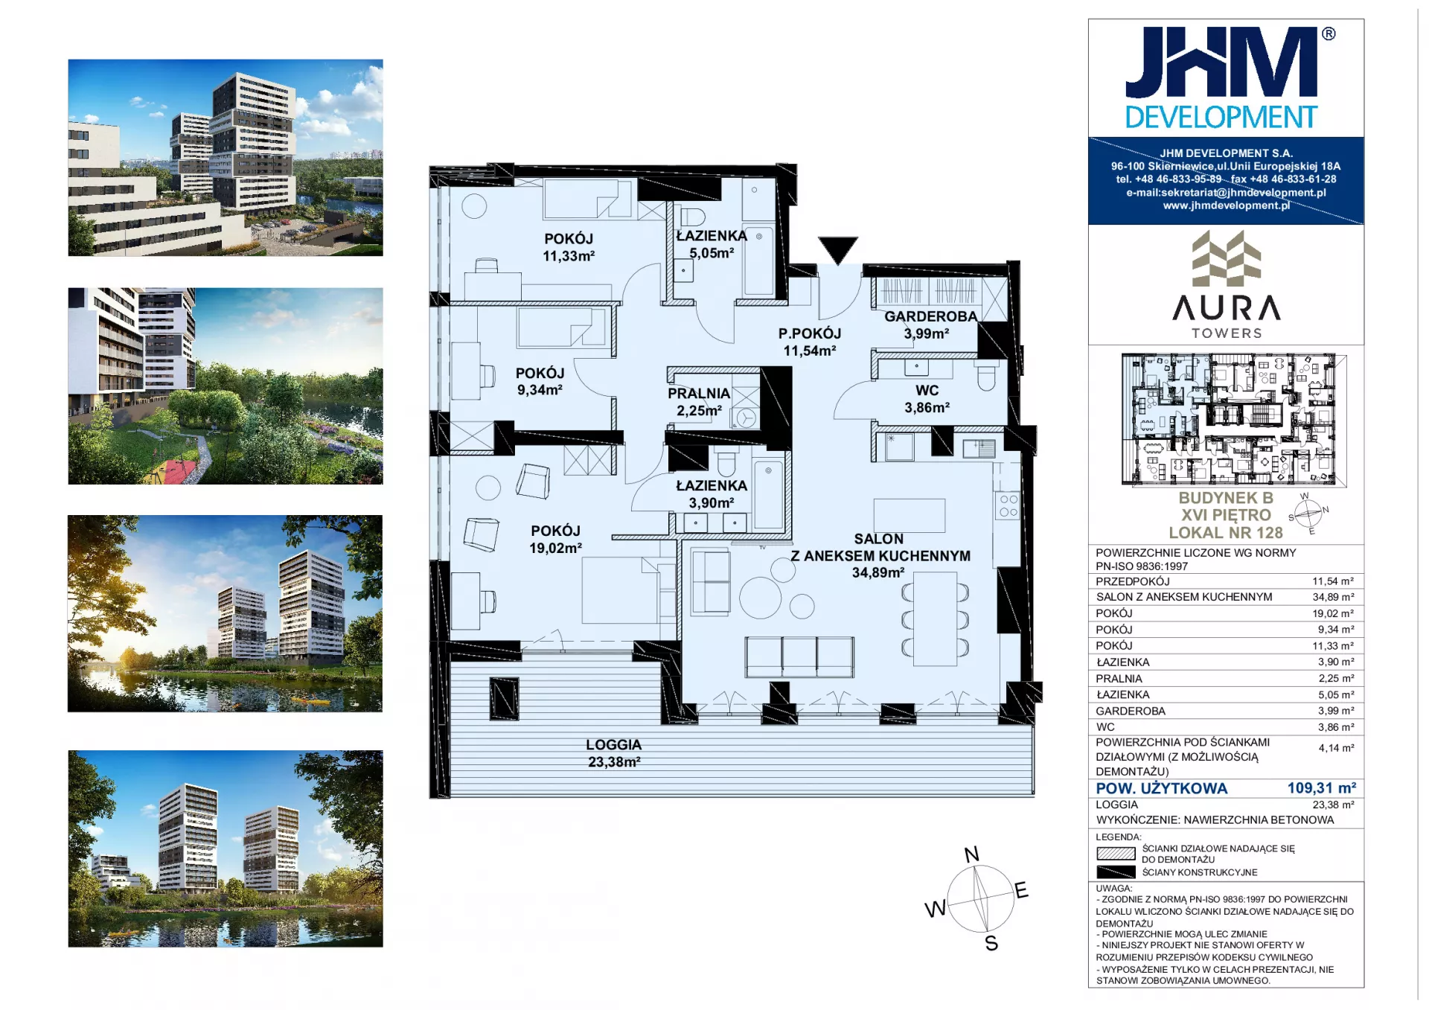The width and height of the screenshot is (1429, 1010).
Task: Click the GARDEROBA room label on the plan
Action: [930, 316]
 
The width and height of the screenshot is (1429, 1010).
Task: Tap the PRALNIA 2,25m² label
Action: [699, 402]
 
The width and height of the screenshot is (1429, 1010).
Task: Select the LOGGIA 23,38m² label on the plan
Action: [614, 753]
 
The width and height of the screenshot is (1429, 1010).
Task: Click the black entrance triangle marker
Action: [838, 250]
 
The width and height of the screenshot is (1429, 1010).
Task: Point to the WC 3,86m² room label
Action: [927, 399]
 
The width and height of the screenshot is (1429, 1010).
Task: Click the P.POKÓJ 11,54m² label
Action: [810, 342]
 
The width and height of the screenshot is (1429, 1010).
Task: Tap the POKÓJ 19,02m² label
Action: [555, 540]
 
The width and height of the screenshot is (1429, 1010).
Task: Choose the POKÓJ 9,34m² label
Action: [540, 381]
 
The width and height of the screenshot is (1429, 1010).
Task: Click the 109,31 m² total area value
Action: [1322, 787]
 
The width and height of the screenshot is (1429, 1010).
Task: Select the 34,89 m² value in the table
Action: [1333, 597]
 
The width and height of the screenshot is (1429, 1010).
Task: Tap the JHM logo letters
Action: [1221, 63]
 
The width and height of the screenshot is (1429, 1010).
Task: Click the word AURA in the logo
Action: [1227, 307]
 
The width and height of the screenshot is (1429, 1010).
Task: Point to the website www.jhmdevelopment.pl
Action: [1227, 205]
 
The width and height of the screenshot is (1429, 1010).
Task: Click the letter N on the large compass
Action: [972, 854]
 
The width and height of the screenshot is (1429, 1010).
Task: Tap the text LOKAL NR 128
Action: [1226, 533]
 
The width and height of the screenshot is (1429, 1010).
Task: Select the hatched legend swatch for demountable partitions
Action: [1116, 854]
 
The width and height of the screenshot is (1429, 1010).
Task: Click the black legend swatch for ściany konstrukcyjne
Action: [1116, 872]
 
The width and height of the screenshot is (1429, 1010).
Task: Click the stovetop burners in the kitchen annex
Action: [1008, 506]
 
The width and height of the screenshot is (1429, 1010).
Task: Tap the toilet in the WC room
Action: [986, 378]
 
